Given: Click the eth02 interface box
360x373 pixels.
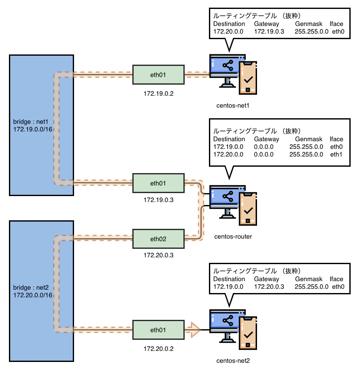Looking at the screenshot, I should [x=158, y=239].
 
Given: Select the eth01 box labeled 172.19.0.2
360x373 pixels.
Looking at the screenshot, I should [x=158, y=75].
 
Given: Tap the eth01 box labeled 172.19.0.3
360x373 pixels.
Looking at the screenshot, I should [x=158, y=183].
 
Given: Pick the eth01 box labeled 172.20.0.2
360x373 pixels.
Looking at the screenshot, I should [x=158, y=330].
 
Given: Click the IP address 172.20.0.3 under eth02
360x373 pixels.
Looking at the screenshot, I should [x=158, y=256].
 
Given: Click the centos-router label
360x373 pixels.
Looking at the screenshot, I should [x=233, y=236].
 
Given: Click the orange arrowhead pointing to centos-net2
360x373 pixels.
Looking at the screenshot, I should [x=194, y=330].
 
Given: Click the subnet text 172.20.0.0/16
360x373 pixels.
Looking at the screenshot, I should [x=33, y=295].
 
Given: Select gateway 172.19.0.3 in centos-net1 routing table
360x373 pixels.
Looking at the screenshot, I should [x=269, y=31].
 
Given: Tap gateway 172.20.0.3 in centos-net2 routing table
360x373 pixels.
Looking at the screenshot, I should [x=269, y=287].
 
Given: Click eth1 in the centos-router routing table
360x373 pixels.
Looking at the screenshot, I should [x=336, y=154].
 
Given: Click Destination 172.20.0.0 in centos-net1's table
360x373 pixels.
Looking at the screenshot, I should [x=228, y=31].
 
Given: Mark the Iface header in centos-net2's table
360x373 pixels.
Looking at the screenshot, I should [x=336, y=279].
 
